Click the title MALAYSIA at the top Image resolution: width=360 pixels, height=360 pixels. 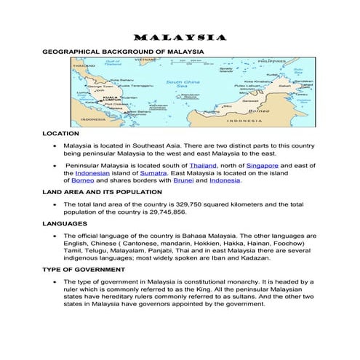[x=180, y=38]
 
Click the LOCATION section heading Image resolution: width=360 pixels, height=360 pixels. [x=62, y=134]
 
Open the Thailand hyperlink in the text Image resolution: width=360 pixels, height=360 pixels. [x=203, y=166]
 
